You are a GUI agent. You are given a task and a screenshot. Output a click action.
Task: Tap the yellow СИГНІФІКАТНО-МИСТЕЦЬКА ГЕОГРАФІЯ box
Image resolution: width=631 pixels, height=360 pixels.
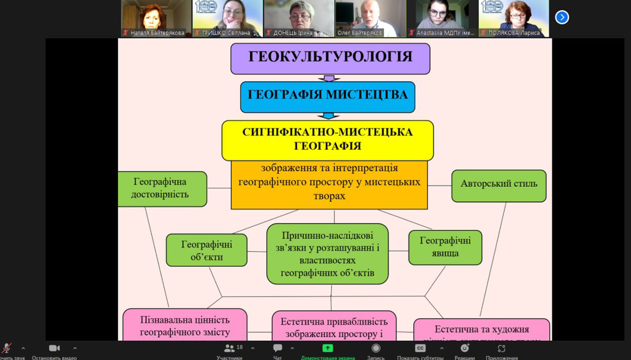pyautogui.click(x=327, y=140)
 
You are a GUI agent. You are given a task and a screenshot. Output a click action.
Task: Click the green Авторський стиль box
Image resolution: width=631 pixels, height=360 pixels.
pyautogui.click(x=498, y=185)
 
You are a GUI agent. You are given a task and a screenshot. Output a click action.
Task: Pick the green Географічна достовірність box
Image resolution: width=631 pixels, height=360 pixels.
pyautogui.click(x=161, y=188)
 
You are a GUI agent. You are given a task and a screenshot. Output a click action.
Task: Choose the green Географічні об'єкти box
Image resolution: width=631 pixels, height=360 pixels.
pyautogui.click(x=206, y=250)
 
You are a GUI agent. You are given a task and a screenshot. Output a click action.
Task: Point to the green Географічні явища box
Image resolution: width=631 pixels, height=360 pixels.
pyautogui.click(x=445, y=247)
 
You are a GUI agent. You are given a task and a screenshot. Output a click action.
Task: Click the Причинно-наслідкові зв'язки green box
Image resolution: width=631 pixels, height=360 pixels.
pyautogui.click(x=327, y=253)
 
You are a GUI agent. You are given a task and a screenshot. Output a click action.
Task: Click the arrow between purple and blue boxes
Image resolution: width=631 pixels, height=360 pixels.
pyautogui.click(x=329, y=78)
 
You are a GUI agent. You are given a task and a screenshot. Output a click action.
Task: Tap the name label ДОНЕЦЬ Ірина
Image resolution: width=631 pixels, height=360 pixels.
pyautogui.click(x=293, y=33)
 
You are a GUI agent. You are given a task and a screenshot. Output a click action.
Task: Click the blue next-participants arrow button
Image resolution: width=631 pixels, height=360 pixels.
pyautogui.click(x=561, y=17)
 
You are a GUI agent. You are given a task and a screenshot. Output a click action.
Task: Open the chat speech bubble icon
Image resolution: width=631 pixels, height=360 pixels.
pyautogui.click(x=278, y=348)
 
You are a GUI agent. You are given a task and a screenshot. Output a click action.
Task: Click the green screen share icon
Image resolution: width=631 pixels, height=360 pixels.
pyautogui.click(x=327, y=348)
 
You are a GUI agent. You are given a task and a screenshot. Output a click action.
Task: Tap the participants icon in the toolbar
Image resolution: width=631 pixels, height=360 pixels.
pyautogui.click(x=229, y=348)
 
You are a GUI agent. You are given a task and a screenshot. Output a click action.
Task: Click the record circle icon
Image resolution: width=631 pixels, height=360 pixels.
pyautogui.click(x=376, y=348)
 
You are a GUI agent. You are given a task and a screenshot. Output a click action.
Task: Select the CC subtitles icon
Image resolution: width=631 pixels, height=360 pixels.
pyautogui.click(x=420, y=348)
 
